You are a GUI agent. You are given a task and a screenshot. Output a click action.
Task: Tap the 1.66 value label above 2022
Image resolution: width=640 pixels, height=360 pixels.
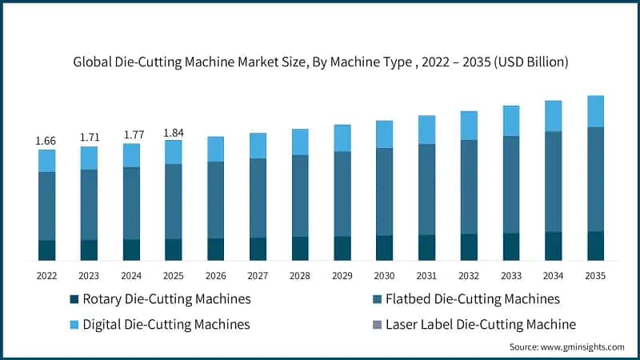(x=46, y=141)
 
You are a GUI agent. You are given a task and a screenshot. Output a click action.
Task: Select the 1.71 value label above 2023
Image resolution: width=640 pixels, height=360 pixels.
(x=89, y=138)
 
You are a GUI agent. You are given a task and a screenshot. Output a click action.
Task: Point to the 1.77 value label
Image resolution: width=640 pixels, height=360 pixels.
(x=131, y=134)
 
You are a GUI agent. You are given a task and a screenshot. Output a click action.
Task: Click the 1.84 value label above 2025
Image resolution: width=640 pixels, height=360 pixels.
(x=174, y=132)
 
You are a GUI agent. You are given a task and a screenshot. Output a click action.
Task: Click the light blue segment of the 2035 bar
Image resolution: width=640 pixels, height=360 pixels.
(x=595, y=111)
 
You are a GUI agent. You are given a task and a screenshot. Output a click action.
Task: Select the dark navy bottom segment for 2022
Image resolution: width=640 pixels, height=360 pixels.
(x=46, y=250)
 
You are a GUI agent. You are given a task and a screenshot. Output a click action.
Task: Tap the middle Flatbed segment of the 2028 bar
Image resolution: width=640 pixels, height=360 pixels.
(x=300, y=196)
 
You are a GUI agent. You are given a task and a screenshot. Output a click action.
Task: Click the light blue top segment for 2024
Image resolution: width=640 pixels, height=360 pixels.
(x=131, y=155)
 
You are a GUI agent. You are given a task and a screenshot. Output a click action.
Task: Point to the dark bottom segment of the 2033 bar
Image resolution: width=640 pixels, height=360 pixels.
(x=511, y=247)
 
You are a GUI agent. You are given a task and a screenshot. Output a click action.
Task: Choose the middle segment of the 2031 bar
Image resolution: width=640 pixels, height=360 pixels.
(x=426, y=190)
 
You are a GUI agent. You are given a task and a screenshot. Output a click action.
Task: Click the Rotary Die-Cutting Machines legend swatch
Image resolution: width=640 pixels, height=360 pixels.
(x=74, y=299)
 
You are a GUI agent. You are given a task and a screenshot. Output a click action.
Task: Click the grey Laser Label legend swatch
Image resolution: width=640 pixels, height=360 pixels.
(x=374, y=325)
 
